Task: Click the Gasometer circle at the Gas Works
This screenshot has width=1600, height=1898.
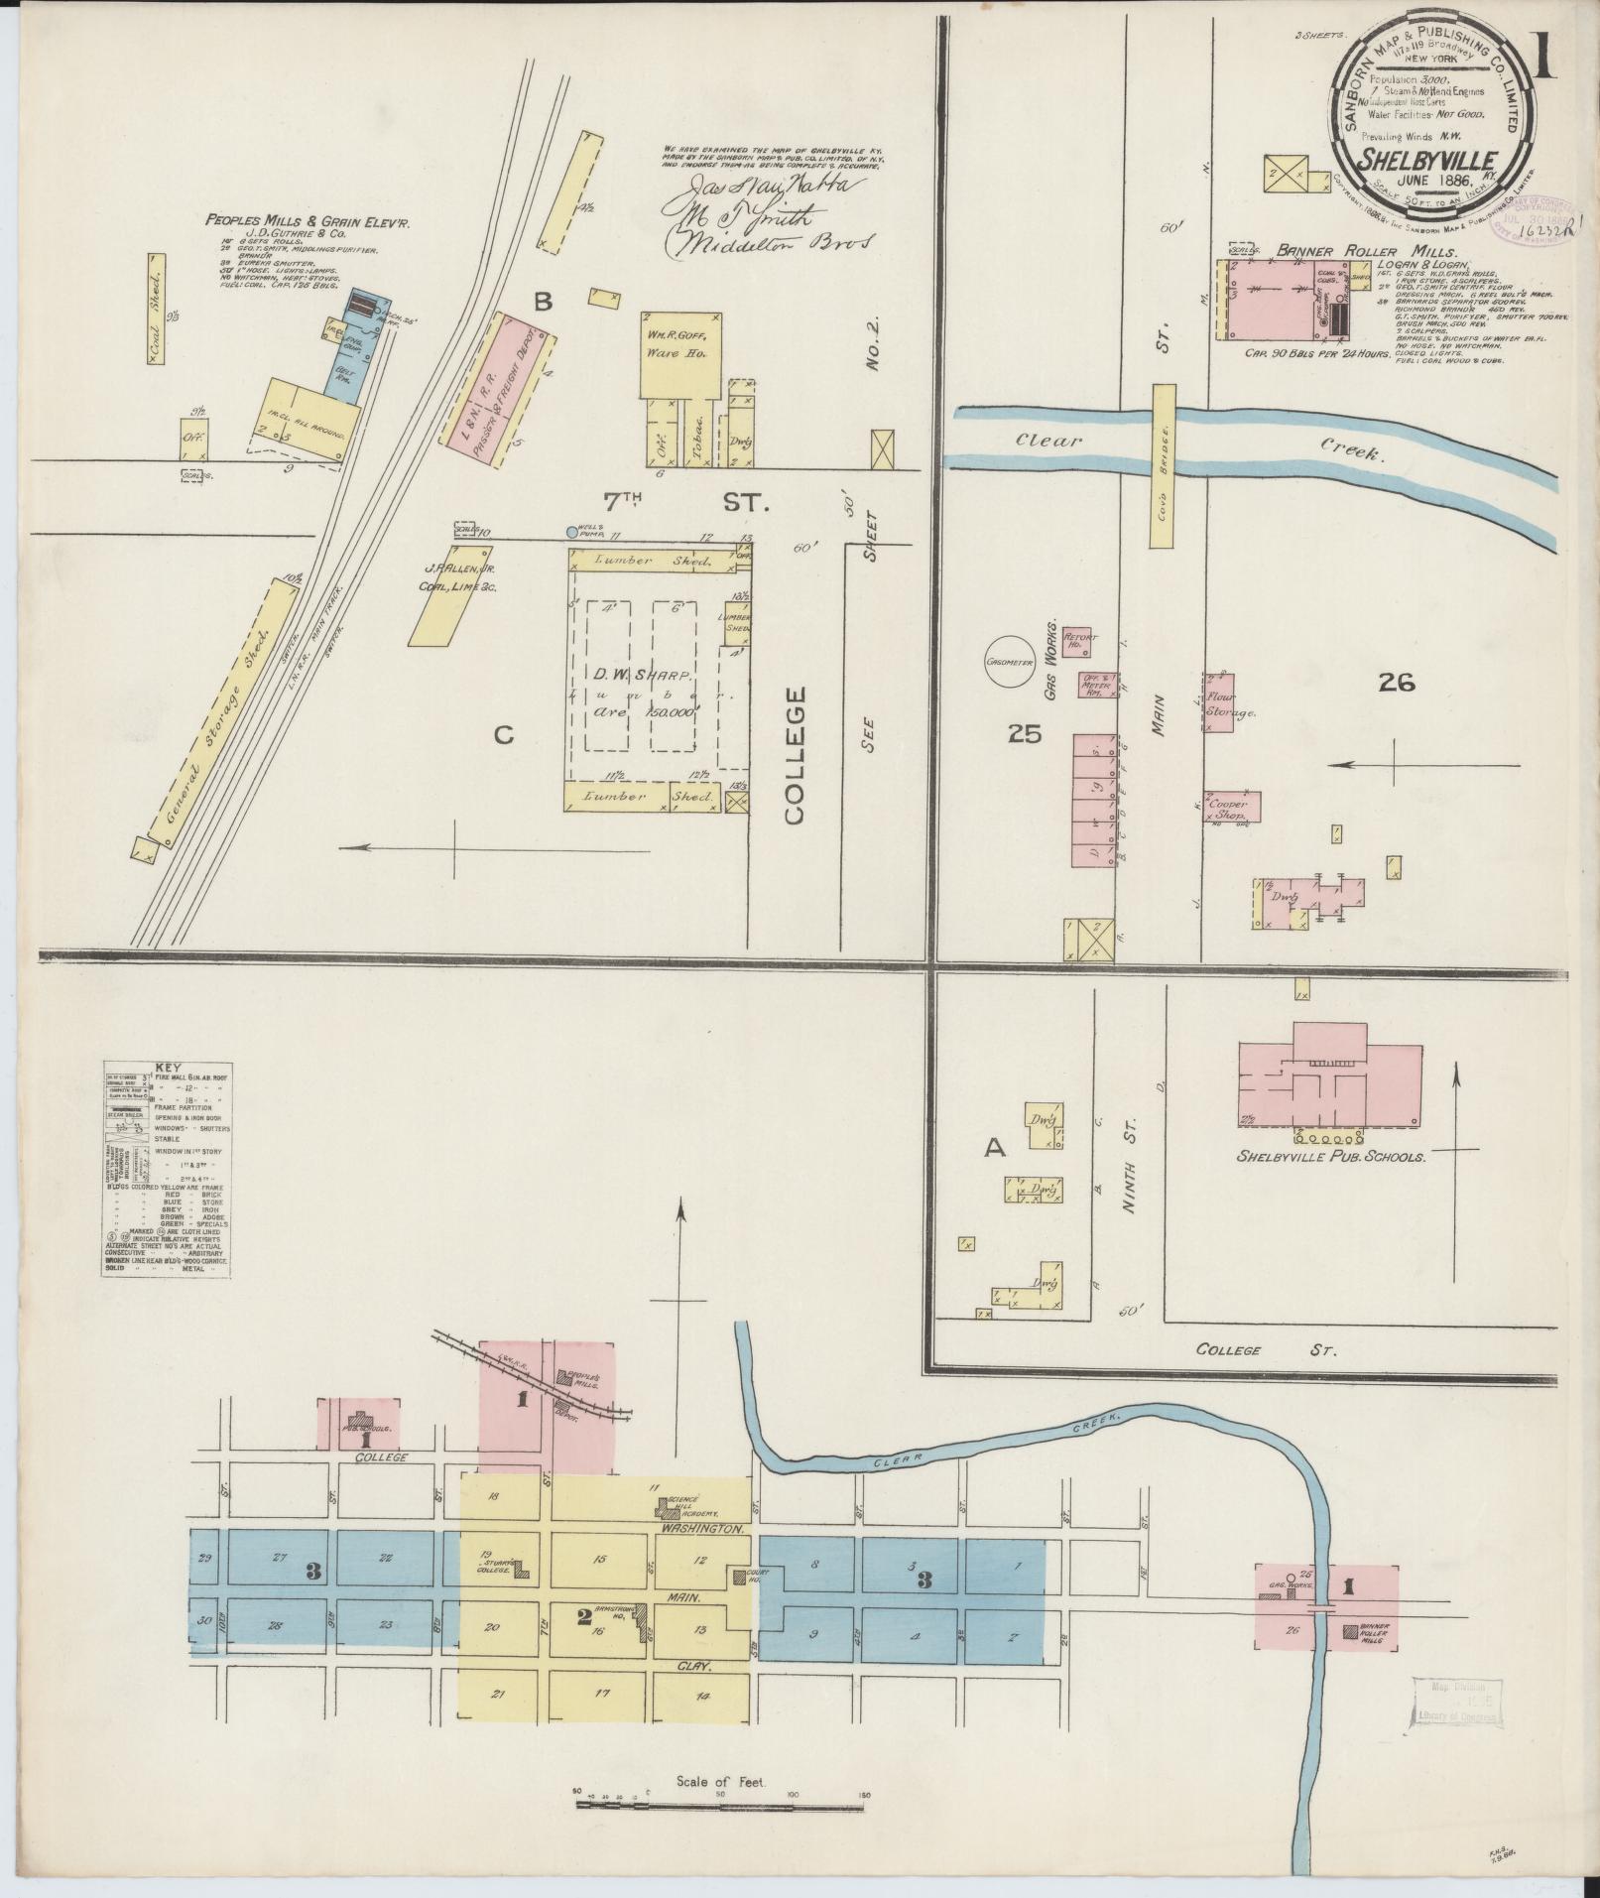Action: [x=1010, y=662]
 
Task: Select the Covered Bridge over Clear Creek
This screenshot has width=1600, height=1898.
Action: [x=1163, y=465]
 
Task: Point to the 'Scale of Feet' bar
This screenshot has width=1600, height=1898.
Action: [x=720, y=1802]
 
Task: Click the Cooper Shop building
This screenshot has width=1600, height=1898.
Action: [x=1233, y=806]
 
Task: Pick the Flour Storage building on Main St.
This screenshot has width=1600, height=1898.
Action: [x=1219, y=702]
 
